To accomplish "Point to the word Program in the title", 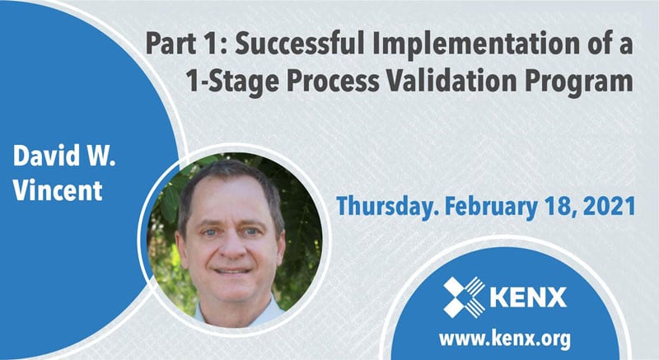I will [x=589, y=83].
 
